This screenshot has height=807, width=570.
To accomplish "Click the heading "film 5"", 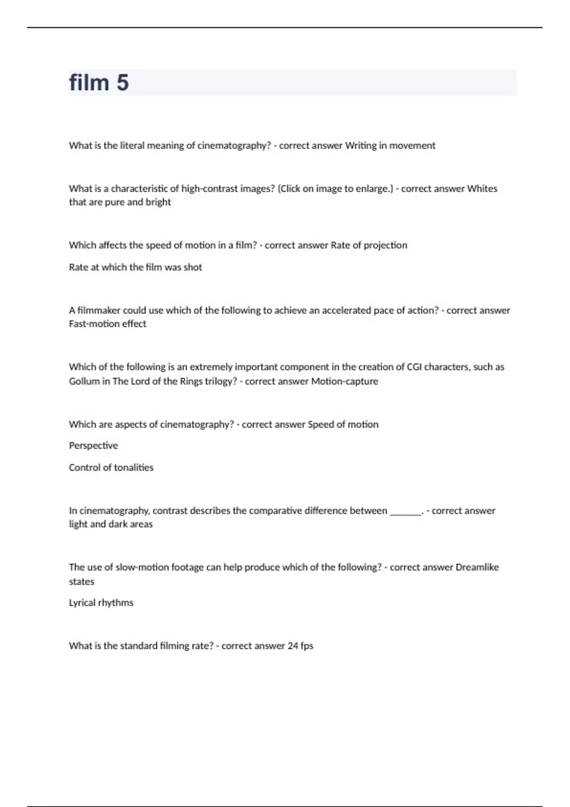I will [x=99, y=83].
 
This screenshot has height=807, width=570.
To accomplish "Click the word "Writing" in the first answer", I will [x=361, y=146].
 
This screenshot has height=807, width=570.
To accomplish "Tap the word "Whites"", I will [x=482, y=188].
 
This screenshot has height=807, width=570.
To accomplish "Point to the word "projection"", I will [x=385, y=245].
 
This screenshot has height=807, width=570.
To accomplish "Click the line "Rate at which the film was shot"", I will [x=135, y=267].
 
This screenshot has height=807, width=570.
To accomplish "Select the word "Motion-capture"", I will [x=344, y=381].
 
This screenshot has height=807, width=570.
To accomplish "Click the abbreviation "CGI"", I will [x=414, y=367].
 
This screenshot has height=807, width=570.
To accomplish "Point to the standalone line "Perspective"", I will [x=93, y=446].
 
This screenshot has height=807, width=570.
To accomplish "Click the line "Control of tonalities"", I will [x=111, y=468].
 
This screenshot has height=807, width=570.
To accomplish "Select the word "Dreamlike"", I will [x=477, y=567].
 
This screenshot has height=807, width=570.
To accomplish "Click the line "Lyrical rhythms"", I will [x=101, y=603].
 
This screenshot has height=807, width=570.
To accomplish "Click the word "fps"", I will [x=307, y=646].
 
